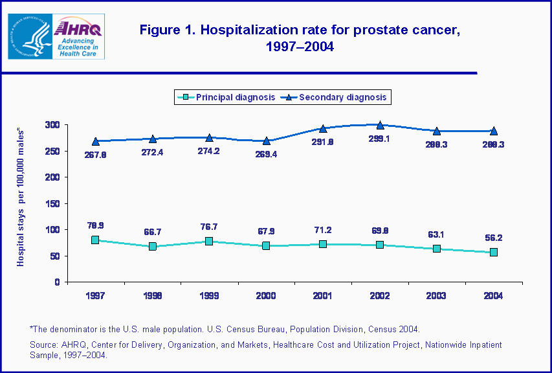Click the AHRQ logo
coord(78,37)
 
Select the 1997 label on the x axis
coord(95,295)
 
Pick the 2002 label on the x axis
coord(380,295)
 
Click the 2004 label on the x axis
coord(493,295)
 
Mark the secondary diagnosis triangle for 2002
coord(380,125)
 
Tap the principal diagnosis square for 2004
coord(494,252)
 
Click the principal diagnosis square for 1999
coord(209,241)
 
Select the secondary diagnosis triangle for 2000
coord(266,141)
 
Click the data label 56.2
coord(494,238)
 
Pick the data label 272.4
coord(152,153)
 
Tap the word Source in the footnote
coord(45,345)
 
